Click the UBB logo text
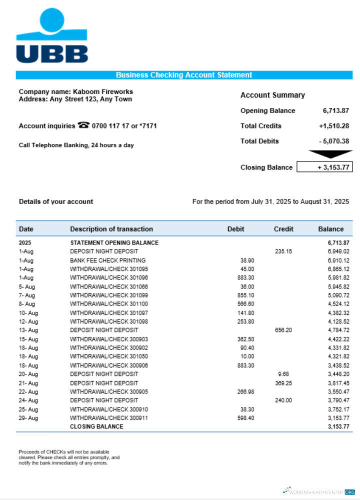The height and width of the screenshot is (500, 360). (52, 53)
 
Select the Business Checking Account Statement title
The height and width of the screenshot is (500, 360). (184, 75)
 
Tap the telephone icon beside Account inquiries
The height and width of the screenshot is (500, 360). (83, 125)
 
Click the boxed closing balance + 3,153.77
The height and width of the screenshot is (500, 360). (324, 167)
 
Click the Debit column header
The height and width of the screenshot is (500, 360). (236, 229)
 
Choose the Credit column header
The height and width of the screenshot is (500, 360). (283, 229)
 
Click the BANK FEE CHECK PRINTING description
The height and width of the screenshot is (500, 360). (107, 260)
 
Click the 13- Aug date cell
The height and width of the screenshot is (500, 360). (28, 330)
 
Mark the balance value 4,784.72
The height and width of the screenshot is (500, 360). (338, 330)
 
